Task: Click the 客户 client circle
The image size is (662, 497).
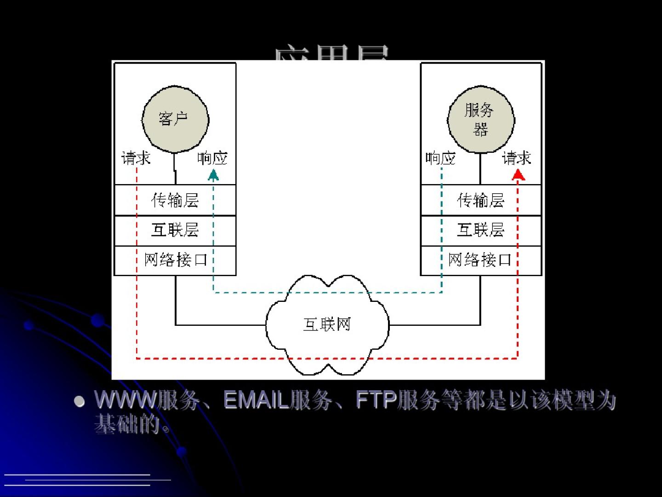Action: point(175,119)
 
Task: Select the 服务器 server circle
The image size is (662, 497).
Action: point(480,119)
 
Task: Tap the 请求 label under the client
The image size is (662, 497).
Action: point(136,158)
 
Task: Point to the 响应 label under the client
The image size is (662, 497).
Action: point(212,158)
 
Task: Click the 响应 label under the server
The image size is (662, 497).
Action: point(440,158)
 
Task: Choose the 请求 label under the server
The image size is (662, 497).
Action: point(517,158)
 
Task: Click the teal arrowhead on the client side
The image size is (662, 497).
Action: point(213,174)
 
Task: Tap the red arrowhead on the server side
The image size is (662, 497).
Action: point(519,174)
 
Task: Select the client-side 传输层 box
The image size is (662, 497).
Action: point(175,200)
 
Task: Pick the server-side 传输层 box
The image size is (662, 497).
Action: point(481,200)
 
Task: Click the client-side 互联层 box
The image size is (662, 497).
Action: point(175,230)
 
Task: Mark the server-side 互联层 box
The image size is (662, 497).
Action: point(481,230)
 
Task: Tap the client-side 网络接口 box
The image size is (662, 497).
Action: point(175,260)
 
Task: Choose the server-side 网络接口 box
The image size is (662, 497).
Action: point(481,260)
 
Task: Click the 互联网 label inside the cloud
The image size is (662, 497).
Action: point(327,324)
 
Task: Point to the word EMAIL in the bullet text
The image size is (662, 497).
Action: point(256,400)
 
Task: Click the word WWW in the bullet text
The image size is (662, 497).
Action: point(126,400)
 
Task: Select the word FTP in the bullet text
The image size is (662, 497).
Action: point(376,400)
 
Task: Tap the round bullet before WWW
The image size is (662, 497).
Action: point(80,401)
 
